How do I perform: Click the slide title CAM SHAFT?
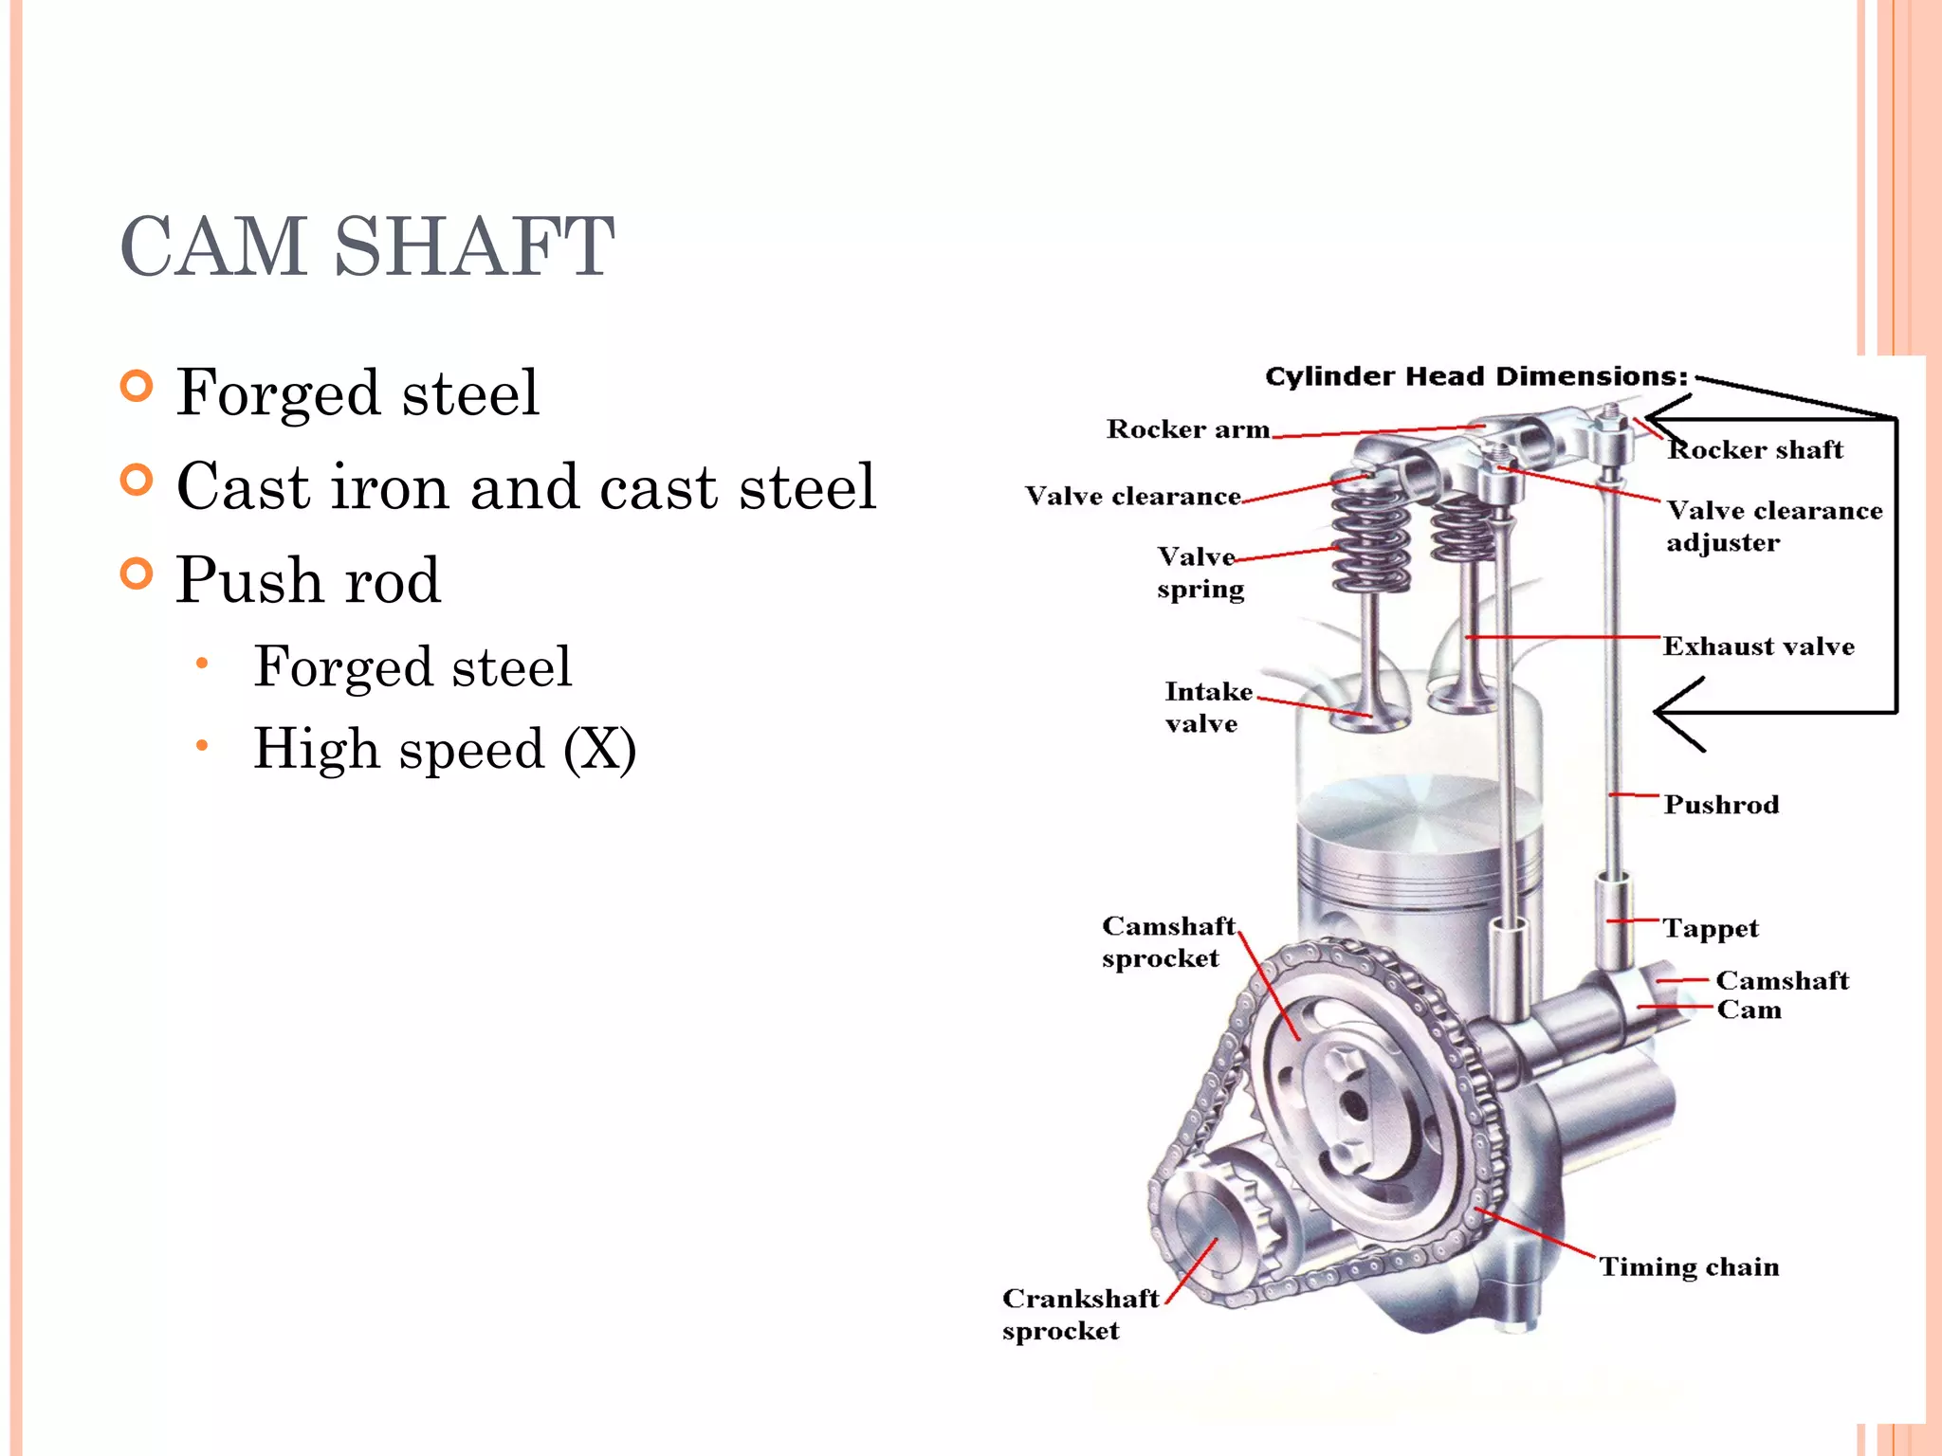(x=368, y=246)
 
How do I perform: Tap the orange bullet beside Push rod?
(x=137, y=573)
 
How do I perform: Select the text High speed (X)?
(x=444, y=749)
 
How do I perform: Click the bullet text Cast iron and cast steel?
(x=526, y=486)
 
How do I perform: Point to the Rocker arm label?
(x=1187, y=429)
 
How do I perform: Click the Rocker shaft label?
(x=1755, y=449)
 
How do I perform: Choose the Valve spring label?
(x=1199, y=572)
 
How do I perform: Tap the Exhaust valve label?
(x=1758, y=646)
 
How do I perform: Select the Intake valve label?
(x=1207, y=707)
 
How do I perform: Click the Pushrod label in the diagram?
(x=1721, y=805)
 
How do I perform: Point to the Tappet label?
(x=1710, y=928)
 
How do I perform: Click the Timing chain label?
(x=1689, y=1267)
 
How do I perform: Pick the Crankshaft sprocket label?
(x=1079, y=1314)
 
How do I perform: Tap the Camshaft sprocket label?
(x=1168, y=941)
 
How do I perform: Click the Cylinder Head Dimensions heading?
(x=1475, y=376)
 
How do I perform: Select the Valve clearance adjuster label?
(x=1773, y=526)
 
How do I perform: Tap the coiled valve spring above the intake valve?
(x=1370, y=536)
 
